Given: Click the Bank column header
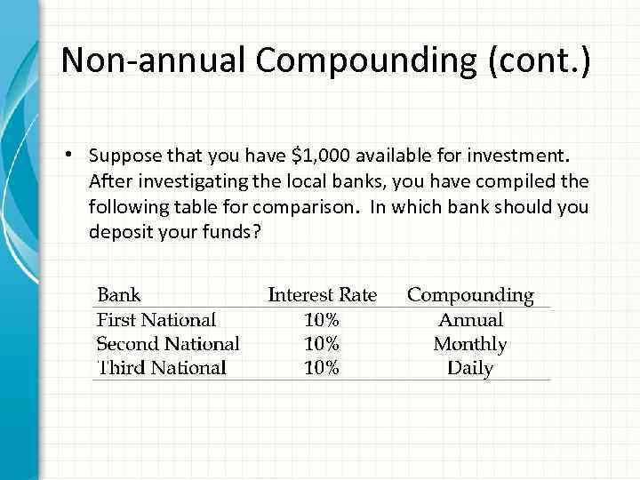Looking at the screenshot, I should coord(118,294).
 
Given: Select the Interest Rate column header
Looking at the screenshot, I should coord(322,294).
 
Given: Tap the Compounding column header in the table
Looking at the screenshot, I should coord(470,294).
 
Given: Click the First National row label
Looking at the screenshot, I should coord(156,319).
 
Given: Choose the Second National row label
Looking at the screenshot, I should coord(167,343).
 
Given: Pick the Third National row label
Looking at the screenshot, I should coord(161,367).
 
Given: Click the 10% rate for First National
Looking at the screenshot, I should coord(321,319).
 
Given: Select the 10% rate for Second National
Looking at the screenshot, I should coord(321,343).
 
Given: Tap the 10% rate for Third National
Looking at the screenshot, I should coord(321,367).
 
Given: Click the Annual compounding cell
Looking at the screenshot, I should coord(470,319).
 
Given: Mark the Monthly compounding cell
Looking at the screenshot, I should coord(470,343).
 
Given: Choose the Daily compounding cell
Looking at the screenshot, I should coord(470,367).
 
